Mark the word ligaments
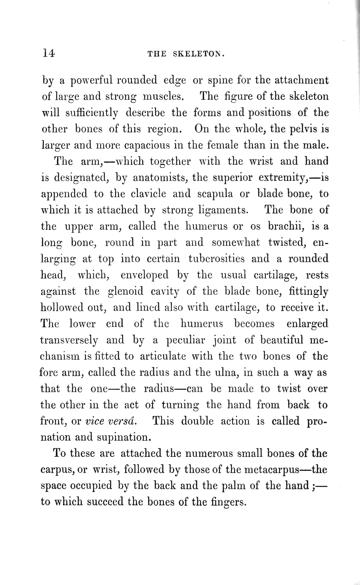pos(223,210)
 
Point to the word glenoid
pos(125,291)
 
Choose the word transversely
pos(69,340)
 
